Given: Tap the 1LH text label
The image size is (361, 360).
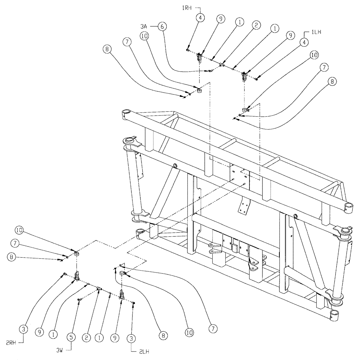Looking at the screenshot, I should (x=316, y=32).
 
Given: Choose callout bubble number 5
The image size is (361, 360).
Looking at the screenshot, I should (x=71, y=336).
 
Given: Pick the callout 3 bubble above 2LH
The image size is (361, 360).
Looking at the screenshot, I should (x=131, y=329).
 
